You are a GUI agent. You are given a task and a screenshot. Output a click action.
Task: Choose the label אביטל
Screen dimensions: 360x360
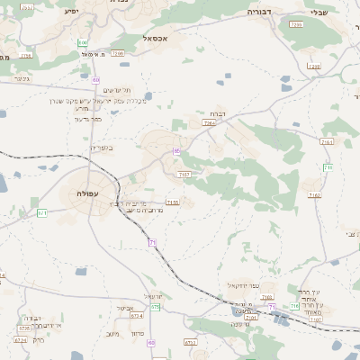[125, 308]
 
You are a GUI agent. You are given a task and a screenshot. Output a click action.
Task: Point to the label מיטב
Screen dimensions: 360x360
[112, 334]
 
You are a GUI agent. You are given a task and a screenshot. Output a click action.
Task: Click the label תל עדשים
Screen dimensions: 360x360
[117, 90]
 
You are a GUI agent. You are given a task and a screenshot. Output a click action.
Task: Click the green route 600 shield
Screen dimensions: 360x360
[83, 42]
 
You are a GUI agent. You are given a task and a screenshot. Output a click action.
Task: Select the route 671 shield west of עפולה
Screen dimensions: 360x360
[41, 212]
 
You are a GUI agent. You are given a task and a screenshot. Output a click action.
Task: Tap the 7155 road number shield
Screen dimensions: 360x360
[173, 202]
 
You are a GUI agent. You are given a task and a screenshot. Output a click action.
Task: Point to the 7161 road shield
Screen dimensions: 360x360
[326, 141]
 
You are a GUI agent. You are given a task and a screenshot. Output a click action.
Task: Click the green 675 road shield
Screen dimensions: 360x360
[155, 307]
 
